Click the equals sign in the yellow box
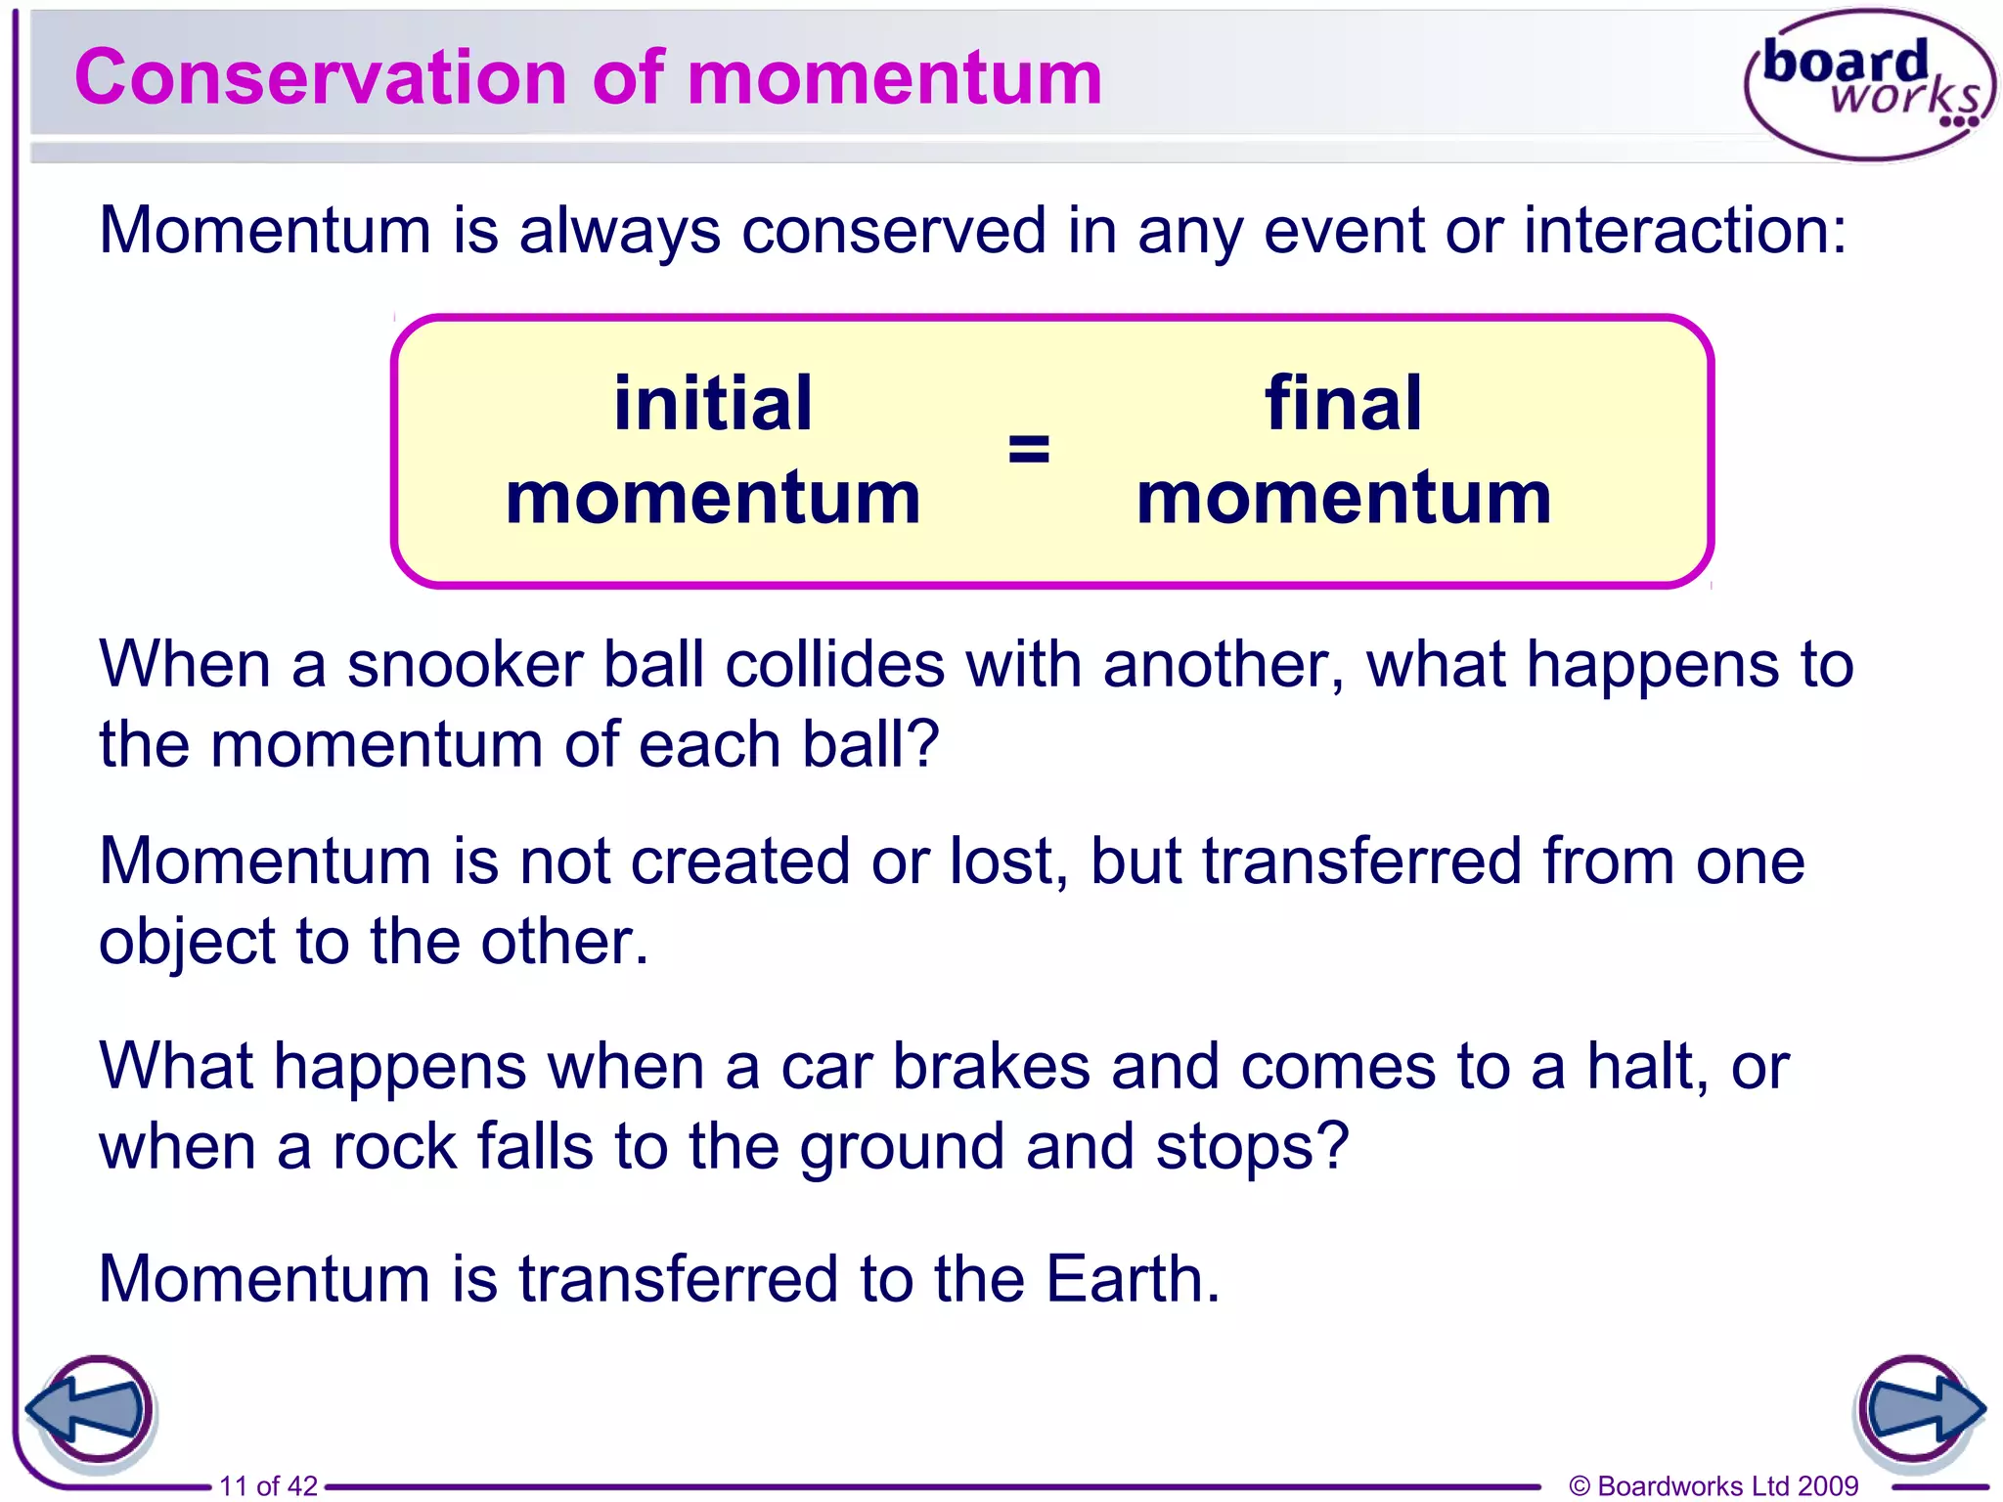(1028, 450)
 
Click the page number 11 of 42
(268, 1485)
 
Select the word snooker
(465, 665)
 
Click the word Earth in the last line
(1132, 1279)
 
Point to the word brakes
(990, 1066)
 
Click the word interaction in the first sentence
(1684, 231)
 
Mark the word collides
(834, 665)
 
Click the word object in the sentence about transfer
(187, 943)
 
